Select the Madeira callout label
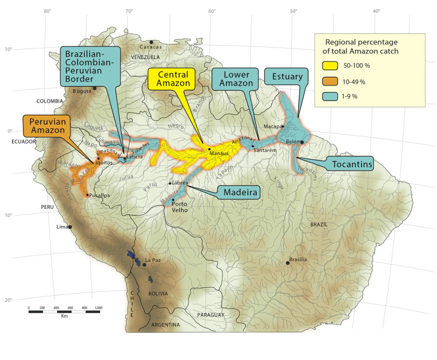pos(241,193)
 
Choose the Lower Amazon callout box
pos(234,79)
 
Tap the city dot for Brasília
pos(288,263)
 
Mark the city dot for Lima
pos(70,227)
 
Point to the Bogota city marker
pos(95,88)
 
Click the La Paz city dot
pos(144,265)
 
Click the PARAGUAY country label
pos(211,315)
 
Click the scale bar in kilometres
pos(64,311)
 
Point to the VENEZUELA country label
pos(145,57)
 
